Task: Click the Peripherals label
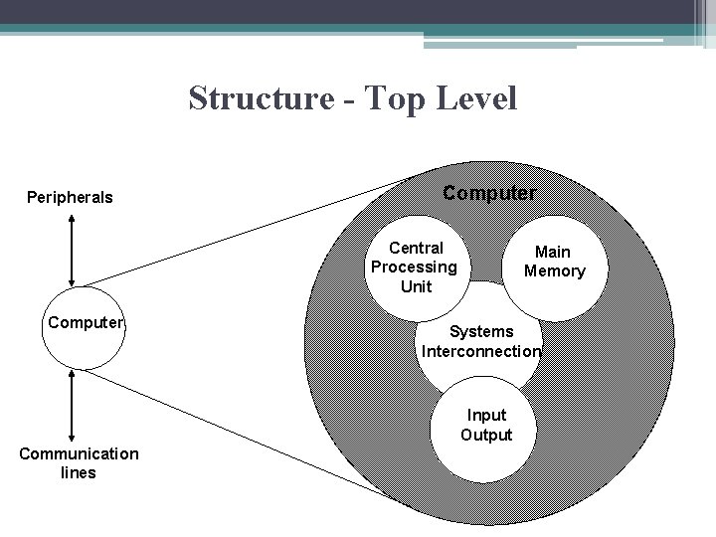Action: coord(70,197)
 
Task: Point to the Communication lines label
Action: coord(79,463)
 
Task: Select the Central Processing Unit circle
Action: coord(415,267)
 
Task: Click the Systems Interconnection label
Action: coord(481,341)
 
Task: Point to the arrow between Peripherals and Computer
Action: coord(71,250)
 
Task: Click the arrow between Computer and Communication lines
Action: coord(71,404)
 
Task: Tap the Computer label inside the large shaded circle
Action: coord(489,192)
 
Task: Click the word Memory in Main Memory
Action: coord(555,271)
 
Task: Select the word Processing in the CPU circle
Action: coord(414,267)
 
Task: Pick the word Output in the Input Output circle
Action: coord(486,435)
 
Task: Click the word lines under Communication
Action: coord(79,473)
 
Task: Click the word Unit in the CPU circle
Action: coord(416,286)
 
